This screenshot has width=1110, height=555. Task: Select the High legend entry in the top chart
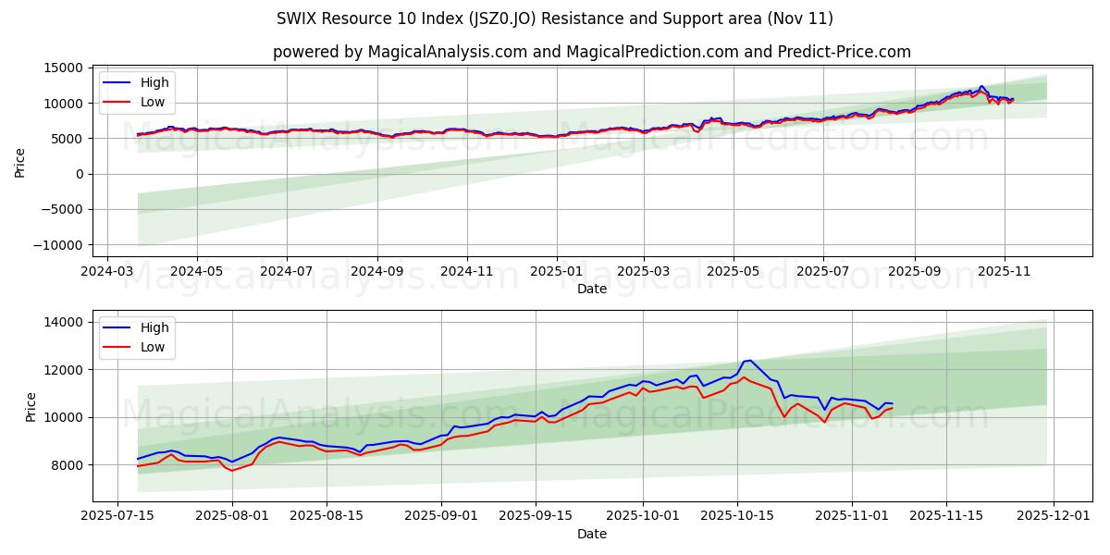click(x=154, y=82)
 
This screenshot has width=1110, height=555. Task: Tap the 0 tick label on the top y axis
click(x=80, y=174)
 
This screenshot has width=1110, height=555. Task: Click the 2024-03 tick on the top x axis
click(x=107, y=272)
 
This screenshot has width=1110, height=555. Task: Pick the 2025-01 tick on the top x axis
click(x=556, y=272)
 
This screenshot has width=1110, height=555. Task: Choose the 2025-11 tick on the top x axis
click(x=1004, y=272)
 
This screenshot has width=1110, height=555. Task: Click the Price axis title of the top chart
click(x=20, y=162)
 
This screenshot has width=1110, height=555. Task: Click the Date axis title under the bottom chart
click(x=592, y=534)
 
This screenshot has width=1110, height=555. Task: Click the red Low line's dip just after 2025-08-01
click(x=233, y=471)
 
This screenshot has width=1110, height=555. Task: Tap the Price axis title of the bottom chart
click(x=31, y=407)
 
